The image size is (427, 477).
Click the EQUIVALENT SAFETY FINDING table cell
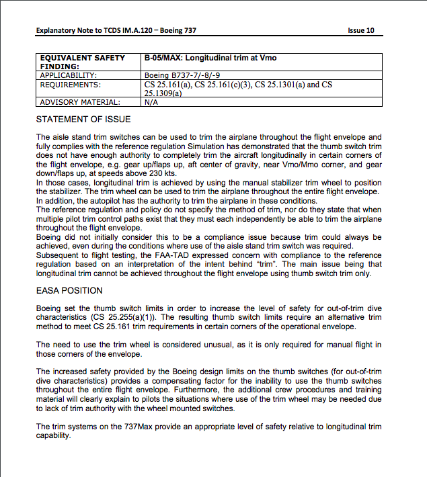tap(83, 62)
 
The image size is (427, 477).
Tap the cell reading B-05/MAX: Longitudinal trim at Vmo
tap(210, 58)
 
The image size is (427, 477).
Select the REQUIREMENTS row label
tap(71, 85)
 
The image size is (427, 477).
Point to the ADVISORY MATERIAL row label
tap(80, 103)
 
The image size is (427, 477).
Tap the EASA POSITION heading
tap(69, 291)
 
